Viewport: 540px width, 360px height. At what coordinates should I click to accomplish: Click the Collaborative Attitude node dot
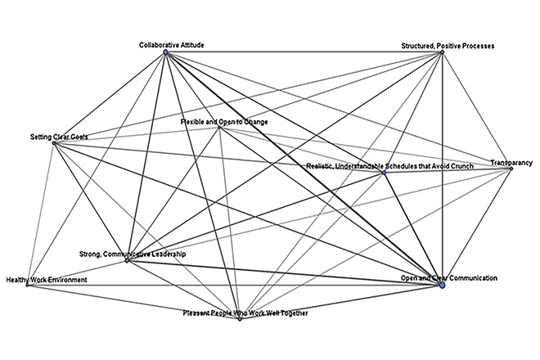pyautogui.click(x=166, y=52)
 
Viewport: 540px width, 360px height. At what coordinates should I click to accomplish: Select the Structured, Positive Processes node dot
pyautogui.click(x=442, y=52)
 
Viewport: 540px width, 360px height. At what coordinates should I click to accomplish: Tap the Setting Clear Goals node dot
pyautogui.click(x=54, y=143)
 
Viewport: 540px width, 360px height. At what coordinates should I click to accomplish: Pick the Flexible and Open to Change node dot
pyautogui.click(x=219, y=127)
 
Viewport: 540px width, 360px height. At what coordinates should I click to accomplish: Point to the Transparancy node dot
pyautogui.click(x=511, y=169)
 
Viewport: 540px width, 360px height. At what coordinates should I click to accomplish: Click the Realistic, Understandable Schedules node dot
pyautogui.click(x=384, y=172)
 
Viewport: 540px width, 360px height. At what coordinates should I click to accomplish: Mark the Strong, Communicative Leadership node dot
pyautogui.click(x=127, y=260)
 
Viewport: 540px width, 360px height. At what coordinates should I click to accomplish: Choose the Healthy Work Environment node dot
pyautogui.click(x=29, y=286)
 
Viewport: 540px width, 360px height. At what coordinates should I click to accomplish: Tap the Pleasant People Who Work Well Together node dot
pyautogui.click(x=240, y=318)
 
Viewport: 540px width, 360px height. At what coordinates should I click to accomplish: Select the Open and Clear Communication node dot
pyautogui.click(x=443, y=284)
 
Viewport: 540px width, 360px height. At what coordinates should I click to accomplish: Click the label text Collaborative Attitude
pyautogui.click(x=171, y=44)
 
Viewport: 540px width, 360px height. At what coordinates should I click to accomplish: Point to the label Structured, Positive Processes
pyautogui.click(x=448, y=44)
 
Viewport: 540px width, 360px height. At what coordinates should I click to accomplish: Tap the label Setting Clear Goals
pyautogui.click(x=57, y=135)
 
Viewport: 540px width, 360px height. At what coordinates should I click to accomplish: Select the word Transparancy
pyautogui.click(x=511, y=163)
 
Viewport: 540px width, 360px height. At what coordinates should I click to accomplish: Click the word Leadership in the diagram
pyautogui.click(x=169, y=254)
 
